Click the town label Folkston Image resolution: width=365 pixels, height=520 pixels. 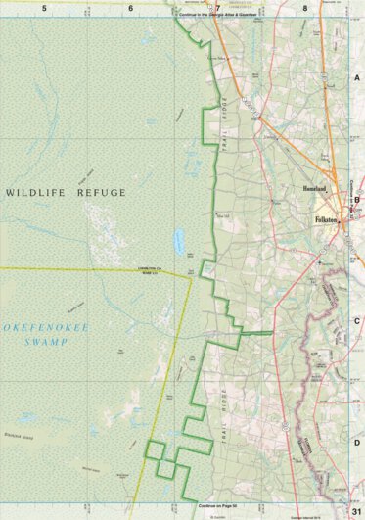[x=327, y=221]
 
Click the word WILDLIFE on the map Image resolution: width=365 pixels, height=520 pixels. [x=40, y=193]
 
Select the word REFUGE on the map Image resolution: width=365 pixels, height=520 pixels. [x=101, y=193]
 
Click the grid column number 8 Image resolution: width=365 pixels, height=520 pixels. [x=306, y=7]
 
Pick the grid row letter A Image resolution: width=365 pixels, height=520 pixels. [x=357, y=76]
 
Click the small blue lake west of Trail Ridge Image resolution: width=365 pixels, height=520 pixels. [x=179, y=239]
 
